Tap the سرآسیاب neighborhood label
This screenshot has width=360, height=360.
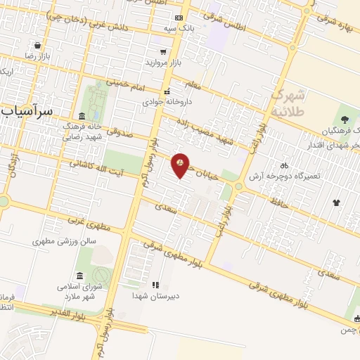(x=27, y=111)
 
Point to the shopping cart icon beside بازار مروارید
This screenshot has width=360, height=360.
(x=164, y=52)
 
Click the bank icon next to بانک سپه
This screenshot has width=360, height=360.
(x=179, y=18)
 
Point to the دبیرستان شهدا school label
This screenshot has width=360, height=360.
(x=156, y=296)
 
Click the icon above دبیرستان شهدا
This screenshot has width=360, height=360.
(x=156, y=285)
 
